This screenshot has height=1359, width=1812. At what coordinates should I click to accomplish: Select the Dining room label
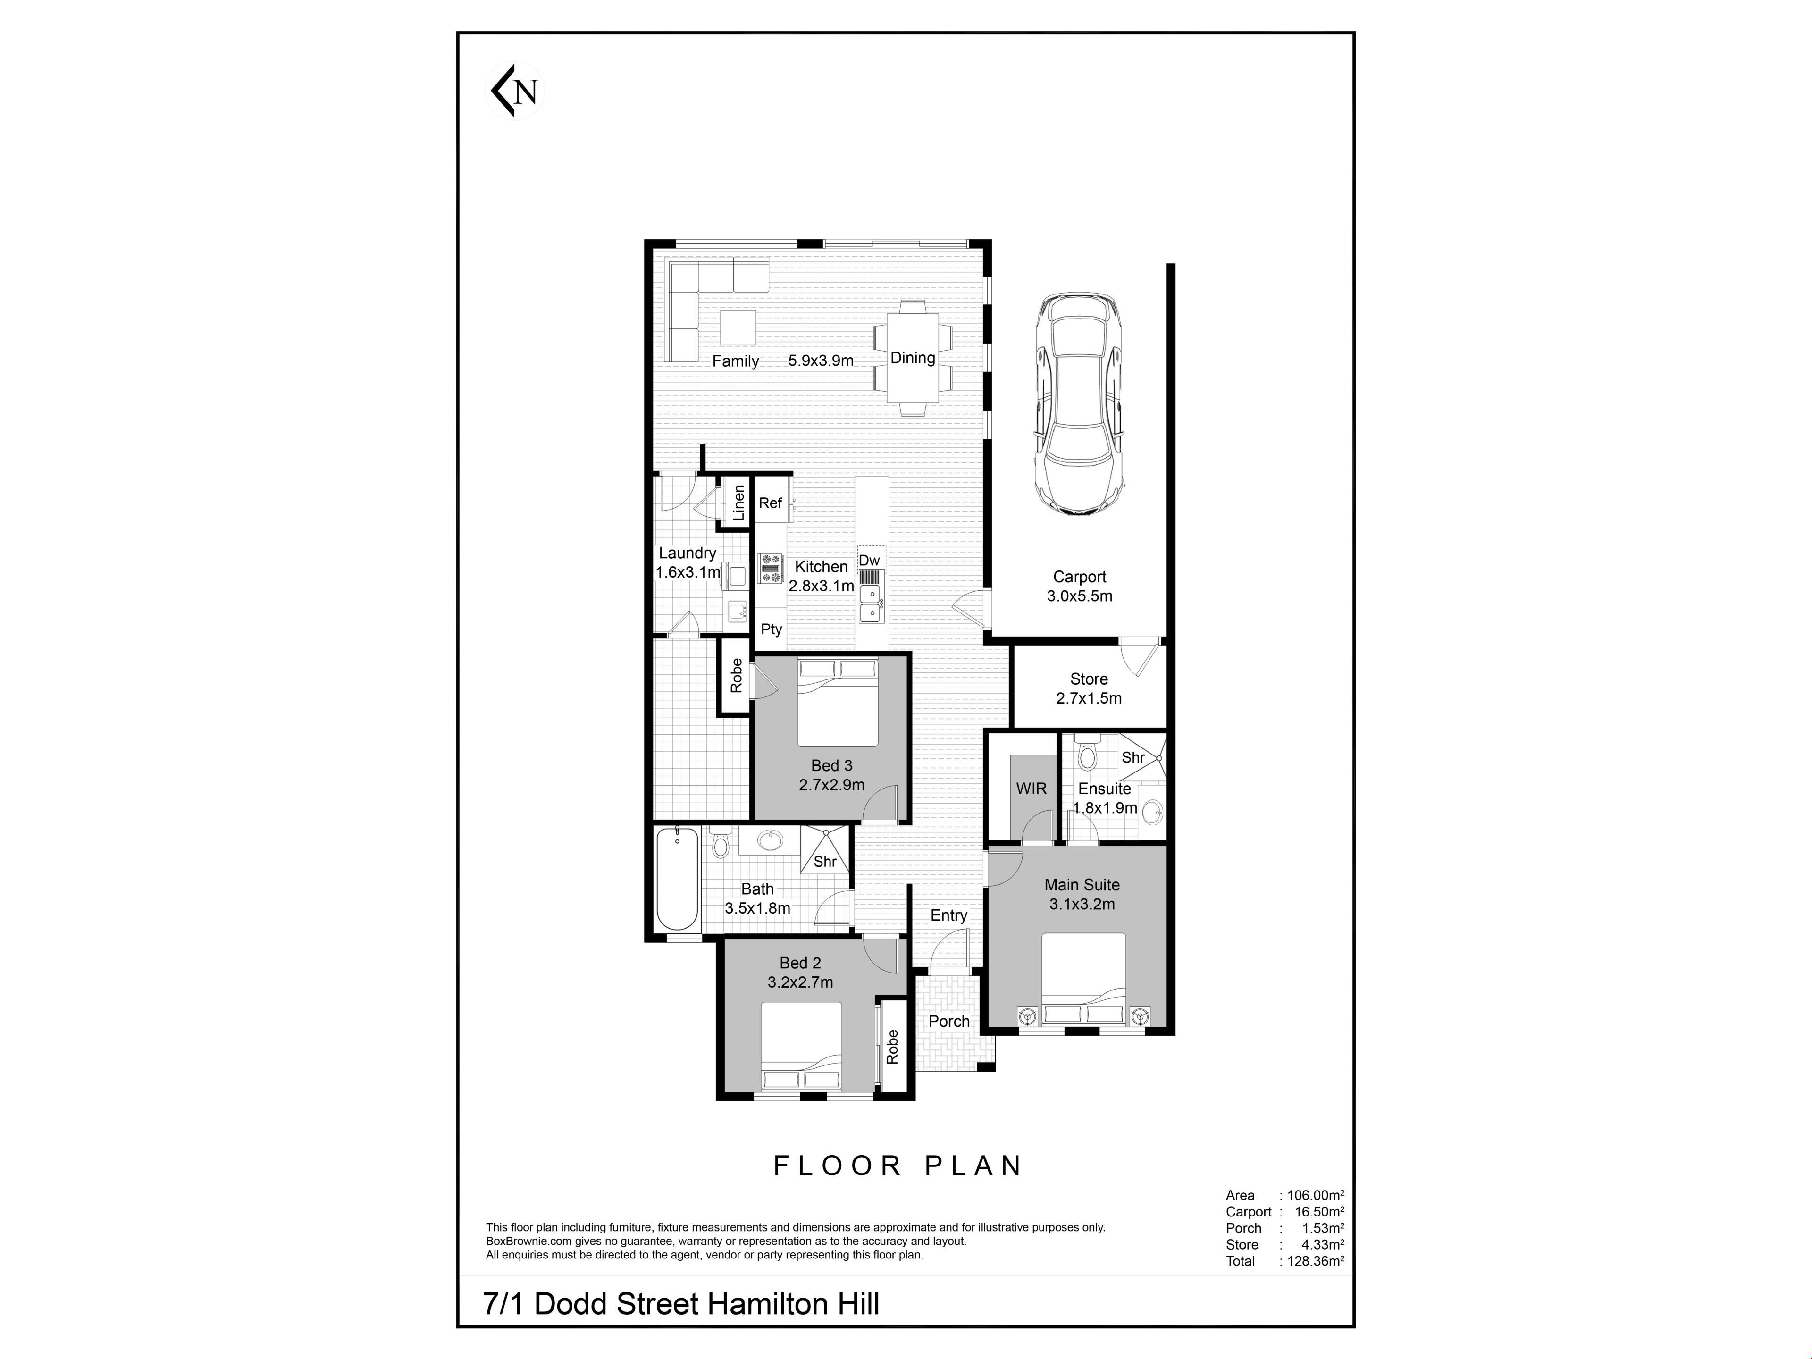click(x=913, y=358)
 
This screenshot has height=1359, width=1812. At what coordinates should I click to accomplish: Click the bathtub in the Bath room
click(x=678, y=879)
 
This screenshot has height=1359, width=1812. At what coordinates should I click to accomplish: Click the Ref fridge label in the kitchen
click(x=770, y=503)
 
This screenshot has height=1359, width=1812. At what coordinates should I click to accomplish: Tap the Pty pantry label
click(x=772, y=629)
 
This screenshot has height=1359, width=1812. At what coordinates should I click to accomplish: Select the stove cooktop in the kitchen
click(x=771, y=568)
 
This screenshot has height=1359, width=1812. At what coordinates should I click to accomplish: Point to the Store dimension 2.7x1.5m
click(x=1089, y=699)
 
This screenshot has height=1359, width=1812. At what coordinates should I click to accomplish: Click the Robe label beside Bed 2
click(x=892, y=1047)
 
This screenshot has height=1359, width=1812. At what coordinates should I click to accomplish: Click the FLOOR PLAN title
click(x=898, y=1166)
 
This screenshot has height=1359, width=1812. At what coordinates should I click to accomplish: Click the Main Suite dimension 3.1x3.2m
click(x=1082, y=905)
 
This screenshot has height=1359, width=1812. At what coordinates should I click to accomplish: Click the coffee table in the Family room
click(x=738, y=327)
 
